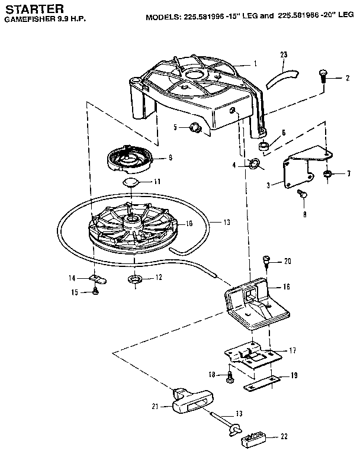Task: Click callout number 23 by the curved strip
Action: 283,54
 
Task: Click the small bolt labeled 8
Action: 300,194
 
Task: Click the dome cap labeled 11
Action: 132,182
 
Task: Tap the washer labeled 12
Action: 134,278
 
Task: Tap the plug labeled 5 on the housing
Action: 194,126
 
